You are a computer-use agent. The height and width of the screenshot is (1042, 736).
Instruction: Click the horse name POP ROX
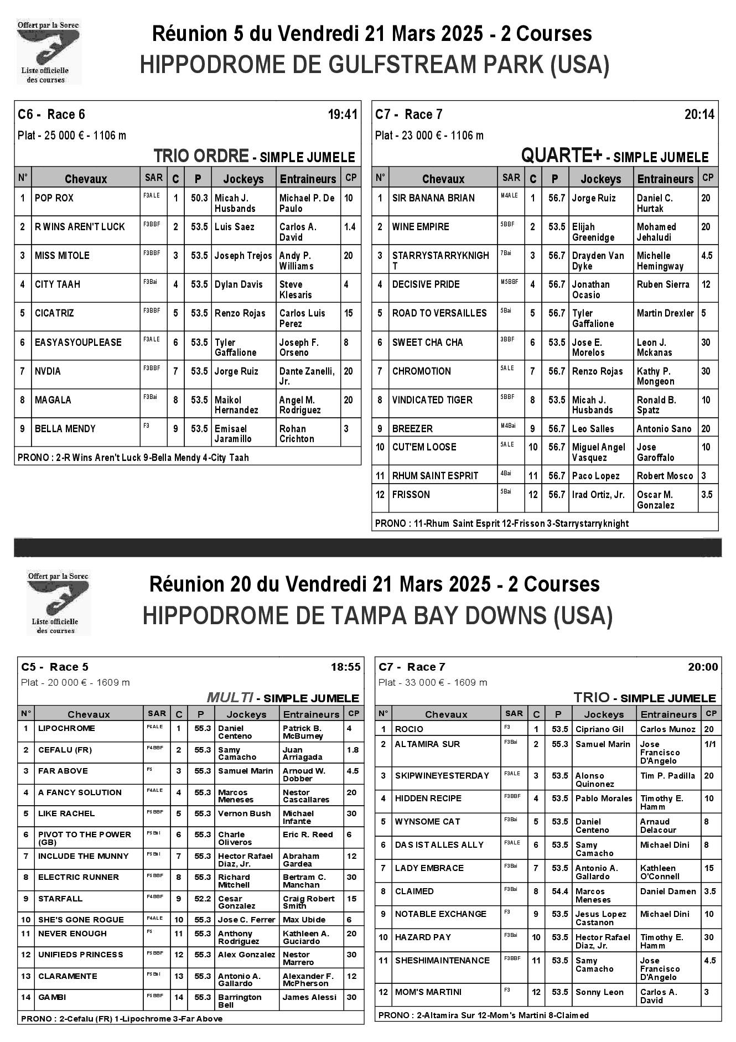(54, 198)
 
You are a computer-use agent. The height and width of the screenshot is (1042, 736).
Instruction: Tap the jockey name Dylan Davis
(239, 284)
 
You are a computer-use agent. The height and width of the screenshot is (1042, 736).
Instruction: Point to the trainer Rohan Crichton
(297, 433)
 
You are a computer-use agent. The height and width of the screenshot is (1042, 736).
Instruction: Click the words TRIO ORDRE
(201, 157)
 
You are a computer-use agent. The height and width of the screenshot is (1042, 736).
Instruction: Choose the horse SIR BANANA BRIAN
(433, 198)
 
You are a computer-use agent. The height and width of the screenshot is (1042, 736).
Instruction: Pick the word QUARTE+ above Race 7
(561, 157)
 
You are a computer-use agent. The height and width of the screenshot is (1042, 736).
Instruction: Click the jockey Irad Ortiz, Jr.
(598, 495)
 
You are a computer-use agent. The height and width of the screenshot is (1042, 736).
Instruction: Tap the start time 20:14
(699, 115)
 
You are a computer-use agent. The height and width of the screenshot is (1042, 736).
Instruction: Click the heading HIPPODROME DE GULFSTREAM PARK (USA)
(375, 65)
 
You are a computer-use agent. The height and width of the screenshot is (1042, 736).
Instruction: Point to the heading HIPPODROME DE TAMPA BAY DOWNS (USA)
(377, 616)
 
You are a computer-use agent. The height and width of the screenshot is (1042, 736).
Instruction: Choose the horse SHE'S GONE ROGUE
(81, 920)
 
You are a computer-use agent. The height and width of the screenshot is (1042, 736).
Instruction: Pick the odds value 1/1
(709, 744)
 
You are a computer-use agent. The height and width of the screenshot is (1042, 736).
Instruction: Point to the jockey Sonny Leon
(599, 992)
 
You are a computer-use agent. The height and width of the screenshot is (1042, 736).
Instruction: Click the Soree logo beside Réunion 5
(48, 51)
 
